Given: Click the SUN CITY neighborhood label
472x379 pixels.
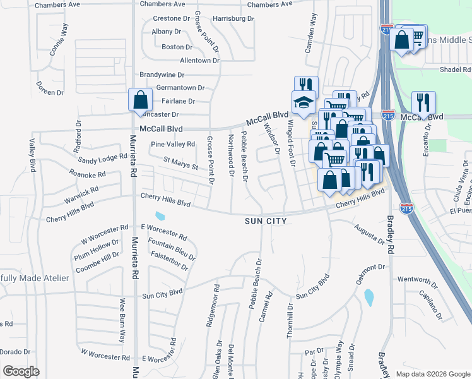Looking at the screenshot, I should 266,221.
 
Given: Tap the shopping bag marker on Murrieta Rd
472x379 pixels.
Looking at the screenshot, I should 139,100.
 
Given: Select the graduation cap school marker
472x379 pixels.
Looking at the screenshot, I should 304,102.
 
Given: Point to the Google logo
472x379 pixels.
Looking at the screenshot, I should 21,371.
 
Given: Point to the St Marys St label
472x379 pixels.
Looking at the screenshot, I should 181,164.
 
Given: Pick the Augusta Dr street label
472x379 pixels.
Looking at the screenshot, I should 369,234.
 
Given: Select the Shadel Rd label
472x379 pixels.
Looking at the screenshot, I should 456,69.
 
